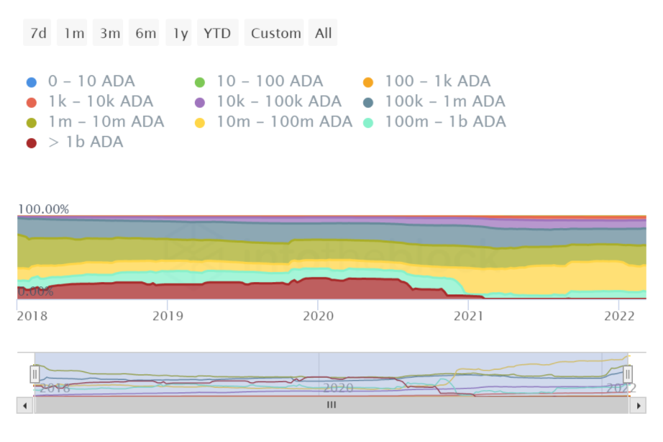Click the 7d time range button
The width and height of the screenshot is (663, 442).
(x=37, y=33)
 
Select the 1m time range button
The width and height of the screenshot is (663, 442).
(x=73, y=33)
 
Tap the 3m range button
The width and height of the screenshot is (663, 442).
(x=109, y=33)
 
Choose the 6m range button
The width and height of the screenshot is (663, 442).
(x=145, y=33)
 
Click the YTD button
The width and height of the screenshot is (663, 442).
(x=217, y=33)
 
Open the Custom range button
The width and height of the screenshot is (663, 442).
(x=275, y=33)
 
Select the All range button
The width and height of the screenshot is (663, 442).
(x=323, y=33)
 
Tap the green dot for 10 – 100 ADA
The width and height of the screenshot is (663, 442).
(x=201, y=82)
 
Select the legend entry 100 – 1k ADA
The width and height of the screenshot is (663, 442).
(x=437, y=81)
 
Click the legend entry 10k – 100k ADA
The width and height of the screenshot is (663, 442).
(x=278, y=102)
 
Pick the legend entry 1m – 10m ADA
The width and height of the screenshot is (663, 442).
(x=106, y=122)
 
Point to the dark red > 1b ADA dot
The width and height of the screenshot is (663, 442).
(x=32, y=143)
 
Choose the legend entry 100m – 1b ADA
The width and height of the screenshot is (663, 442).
(x=445, y=122)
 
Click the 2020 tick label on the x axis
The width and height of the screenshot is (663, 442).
(x=319, y=315)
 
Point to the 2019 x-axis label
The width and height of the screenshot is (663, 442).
(x=168, y=315)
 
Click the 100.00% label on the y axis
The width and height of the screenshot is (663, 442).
(x=44, y=209)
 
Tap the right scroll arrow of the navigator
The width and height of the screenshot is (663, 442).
(x=638, y=405)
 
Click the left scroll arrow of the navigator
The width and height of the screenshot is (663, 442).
(x=25, y=405)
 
